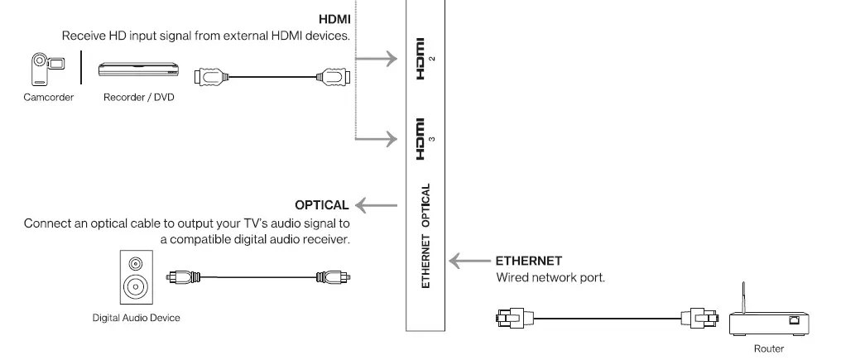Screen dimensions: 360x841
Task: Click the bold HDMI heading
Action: point(334,18)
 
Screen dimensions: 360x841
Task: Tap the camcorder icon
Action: point(41,70)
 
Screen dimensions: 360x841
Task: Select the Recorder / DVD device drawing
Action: point(138,70)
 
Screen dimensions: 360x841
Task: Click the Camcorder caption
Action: point(49,98)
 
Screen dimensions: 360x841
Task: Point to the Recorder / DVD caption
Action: point(139,98)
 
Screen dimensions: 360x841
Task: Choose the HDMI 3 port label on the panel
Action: point(422,139)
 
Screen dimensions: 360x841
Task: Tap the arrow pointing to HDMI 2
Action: point(380,59)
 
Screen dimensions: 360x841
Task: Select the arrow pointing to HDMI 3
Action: point(380,138)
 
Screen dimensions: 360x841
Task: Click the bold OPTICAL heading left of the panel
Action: point(322,204)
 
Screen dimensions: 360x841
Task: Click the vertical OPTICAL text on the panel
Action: point(425,206)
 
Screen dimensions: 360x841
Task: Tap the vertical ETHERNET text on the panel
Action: point(425,261)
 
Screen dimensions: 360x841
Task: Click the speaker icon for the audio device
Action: point(135,278)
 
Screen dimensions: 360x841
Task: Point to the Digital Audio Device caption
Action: point(136,317)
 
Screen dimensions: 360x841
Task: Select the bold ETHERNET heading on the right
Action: point(529,261)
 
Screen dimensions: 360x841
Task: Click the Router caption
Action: point(768,349)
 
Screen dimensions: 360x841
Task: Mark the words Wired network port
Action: point(550,278)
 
